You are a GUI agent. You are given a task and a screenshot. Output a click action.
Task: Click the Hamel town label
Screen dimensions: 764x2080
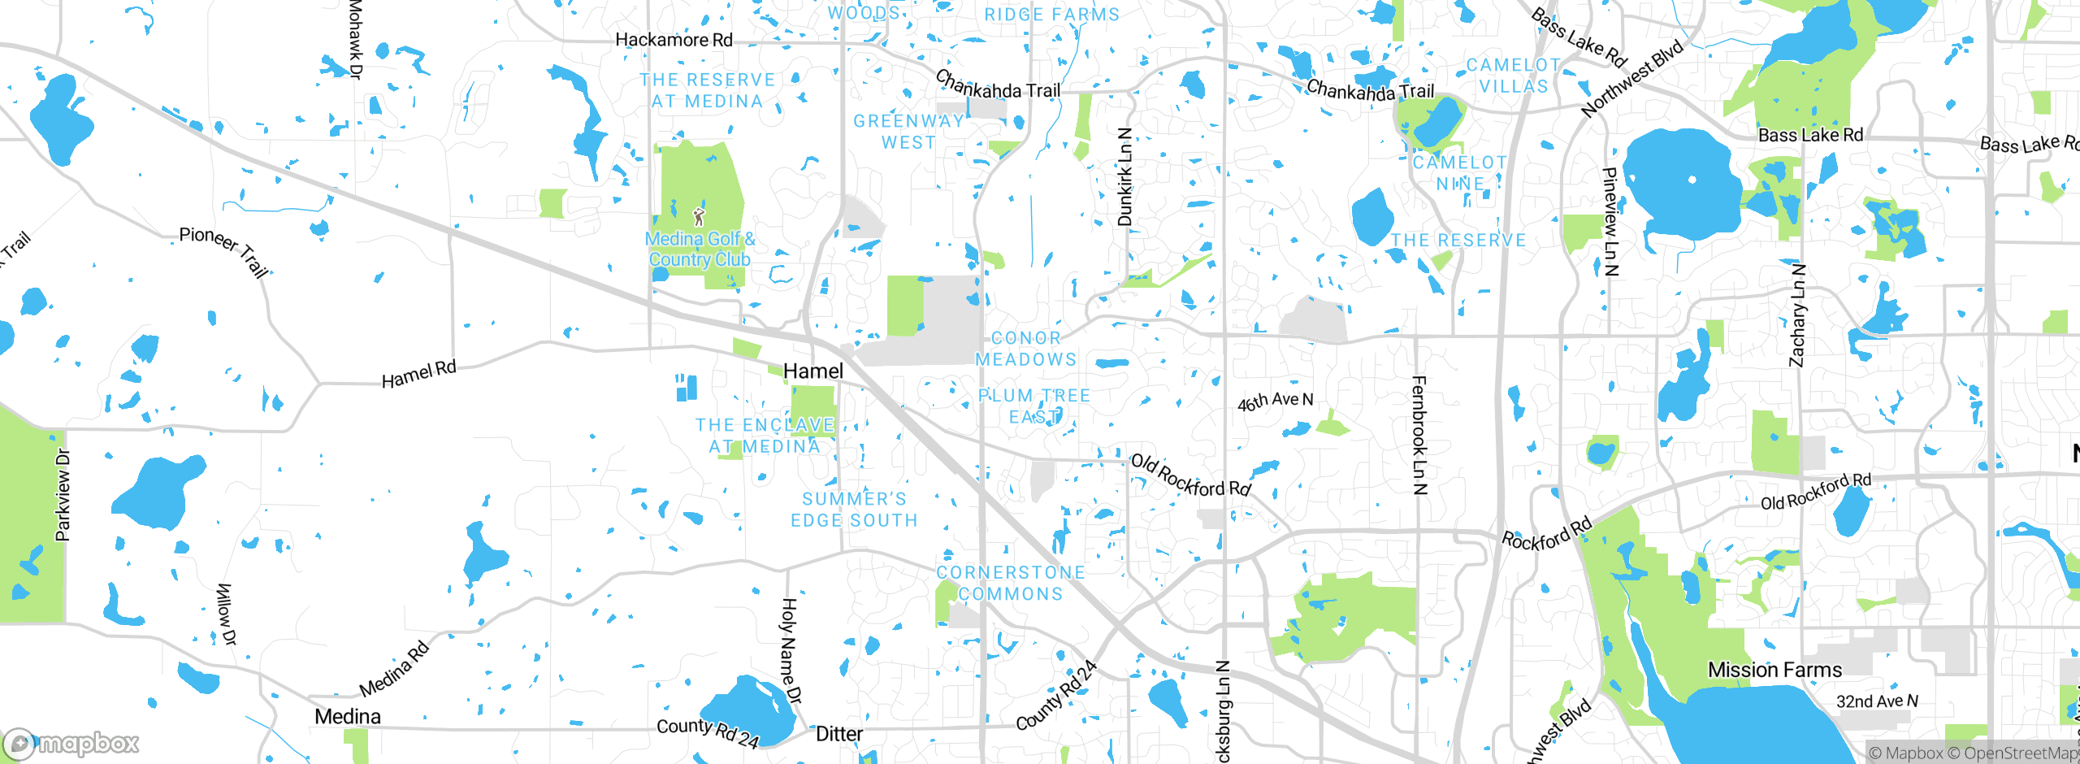(x=813, y=371)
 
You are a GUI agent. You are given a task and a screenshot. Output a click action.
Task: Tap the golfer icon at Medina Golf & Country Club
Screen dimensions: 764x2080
(x=699, y=217)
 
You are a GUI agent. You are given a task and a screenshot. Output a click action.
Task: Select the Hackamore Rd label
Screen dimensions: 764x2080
(x=674, y=40)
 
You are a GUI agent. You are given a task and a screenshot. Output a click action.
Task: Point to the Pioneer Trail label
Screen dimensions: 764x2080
(x=224, y=250)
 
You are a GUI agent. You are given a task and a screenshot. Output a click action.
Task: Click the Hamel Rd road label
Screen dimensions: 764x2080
(x=419, y=374)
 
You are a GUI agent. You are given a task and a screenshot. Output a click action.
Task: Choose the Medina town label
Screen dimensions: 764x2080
(x=348, y=717)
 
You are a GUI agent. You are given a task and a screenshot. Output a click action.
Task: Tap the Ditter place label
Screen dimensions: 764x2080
(x=839, y=734)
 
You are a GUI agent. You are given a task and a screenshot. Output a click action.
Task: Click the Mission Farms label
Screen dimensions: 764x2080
(x=1774, y=670)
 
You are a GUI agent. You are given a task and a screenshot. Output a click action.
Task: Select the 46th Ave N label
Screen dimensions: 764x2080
(x=1275, y=401)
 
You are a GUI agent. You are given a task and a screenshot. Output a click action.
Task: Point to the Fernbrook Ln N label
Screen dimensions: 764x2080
(x=1419, y=435)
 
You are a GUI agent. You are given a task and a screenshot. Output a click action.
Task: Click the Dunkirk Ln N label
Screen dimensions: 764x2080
(x=1124, y=176)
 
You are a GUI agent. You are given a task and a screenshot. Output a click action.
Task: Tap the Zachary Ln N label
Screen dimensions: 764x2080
(x=1798, y=315)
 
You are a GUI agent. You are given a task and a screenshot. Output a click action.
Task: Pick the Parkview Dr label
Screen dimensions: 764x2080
(x=63, y=495)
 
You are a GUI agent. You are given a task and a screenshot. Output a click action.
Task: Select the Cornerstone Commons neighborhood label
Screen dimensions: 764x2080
(x=1011, y=584)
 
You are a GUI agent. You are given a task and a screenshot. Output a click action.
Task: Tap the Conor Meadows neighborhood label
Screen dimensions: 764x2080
(x=1025, y=349)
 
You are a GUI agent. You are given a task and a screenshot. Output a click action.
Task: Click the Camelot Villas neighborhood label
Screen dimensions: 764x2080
(x=1513, y=76)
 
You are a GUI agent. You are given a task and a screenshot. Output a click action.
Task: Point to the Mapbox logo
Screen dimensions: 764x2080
(x=71, y=743)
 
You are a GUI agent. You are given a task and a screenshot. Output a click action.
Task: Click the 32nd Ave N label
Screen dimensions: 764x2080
(x=1877, y=701)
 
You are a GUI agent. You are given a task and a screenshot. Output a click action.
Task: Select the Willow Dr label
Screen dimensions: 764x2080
(x=226, y=614)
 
